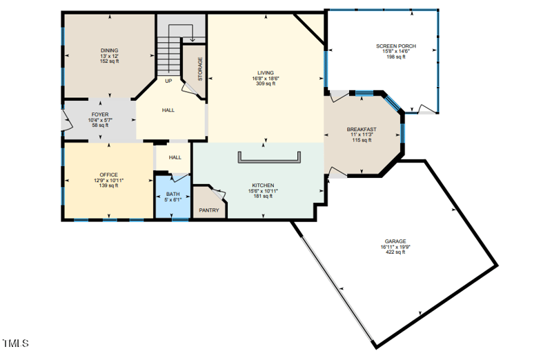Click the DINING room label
pos(109,50)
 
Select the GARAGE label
pos(395,241)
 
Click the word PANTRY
pos(208,210)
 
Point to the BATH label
pos(172,194)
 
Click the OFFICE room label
pos(108,174)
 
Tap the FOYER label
pos(100,114)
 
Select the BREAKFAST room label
pos(362,130)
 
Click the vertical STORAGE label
pos(201,69)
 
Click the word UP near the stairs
pos(168,81)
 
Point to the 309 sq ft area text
pos(266,83)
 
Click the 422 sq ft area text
pos(395,252)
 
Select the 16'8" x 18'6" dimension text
pos(266,78)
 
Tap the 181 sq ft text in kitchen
pos(263,197)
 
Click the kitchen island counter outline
pos(269,162)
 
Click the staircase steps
pos(168,55)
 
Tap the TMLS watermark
pos(16,343)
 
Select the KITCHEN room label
pos(263,186)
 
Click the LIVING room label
pos(266,72)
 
